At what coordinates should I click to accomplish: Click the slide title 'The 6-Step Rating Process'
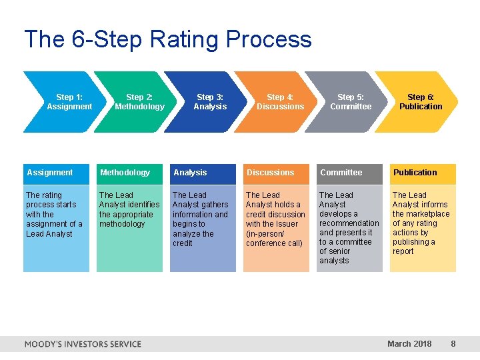coord(167,39)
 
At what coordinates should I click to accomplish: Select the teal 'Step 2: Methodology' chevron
coord(139,102)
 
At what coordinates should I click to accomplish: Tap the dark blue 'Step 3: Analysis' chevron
coord(210,102)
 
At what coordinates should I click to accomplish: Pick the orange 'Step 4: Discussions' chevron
coord(280,102)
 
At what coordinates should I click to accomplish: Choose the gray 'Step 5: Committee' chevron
coord(351,102)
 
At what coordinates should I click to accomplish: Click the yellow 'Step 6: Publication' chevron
coord(420,102)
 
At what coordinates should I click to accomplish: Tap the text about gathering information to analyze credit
coord(200,219)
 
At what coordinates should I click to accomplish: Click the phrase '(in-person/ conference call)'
coord(274,239)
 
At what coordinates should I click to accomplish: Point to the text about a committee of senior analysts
coord(348,228)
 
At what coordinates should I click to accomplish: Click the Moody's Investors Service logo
coord(83,344)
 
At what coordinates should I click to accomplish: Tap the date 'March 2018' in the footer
coord(409,344)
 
